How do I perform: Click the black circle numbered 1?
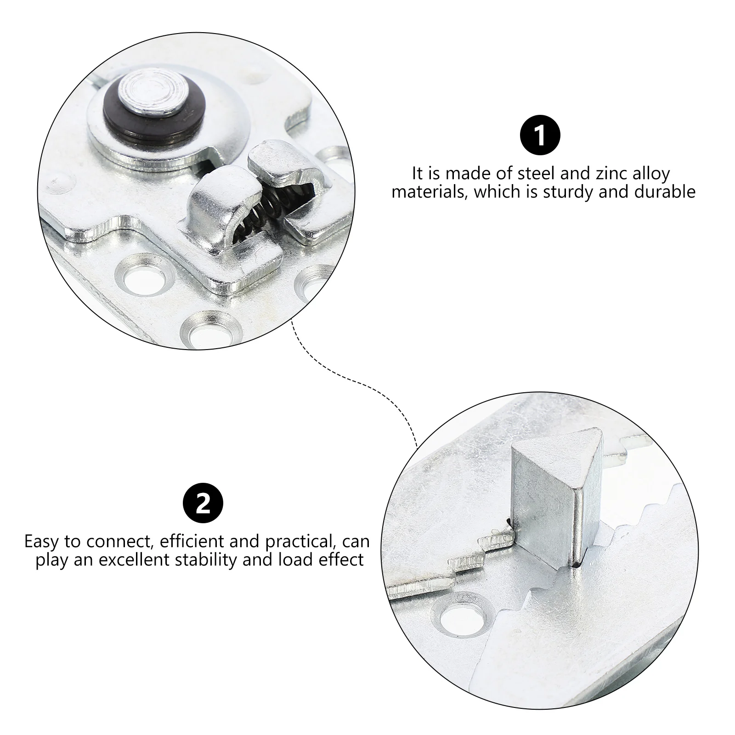click(x=540, y=136)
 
